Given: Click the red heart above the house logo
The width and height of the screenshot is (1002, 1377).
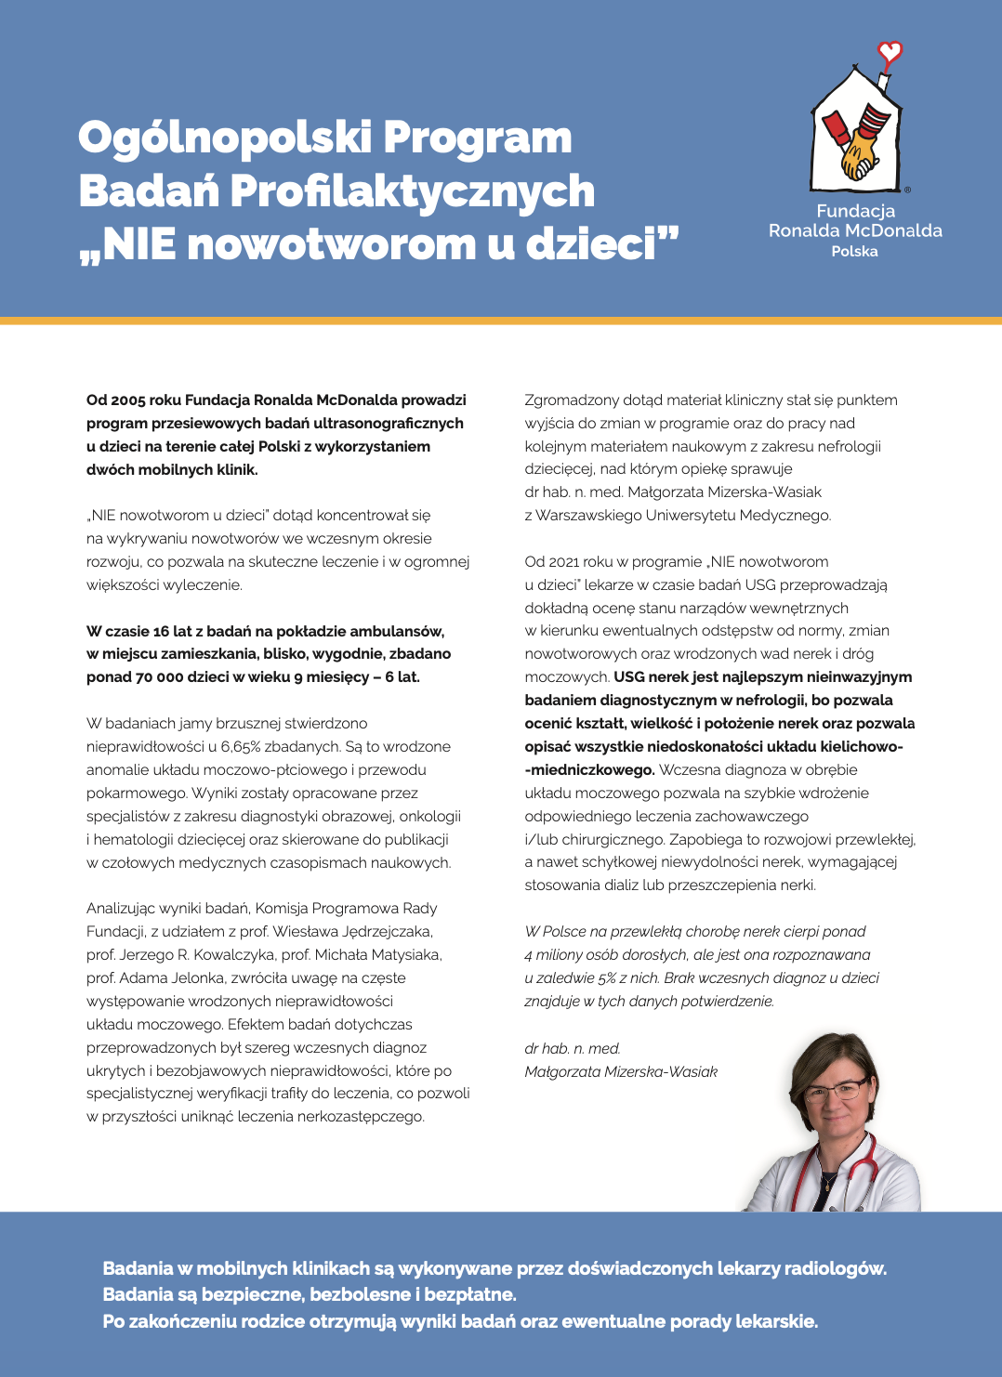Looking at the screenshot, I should click(x=890, y=52).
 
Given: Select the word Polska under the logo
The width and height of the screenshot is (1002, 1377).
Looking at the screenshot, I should click(x=854, y=252).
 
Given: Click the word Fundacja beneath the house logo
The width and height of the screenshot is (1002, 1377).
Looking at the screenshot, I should click(x=855, y=211).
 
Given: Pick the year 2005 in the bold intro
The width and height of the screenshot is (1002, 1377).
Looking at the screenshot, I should click(x=129, y=400).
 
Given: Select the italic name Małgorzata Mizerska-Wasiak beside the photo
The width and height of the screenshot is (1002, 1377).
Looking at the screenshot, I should click(x=620, y=1072).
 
